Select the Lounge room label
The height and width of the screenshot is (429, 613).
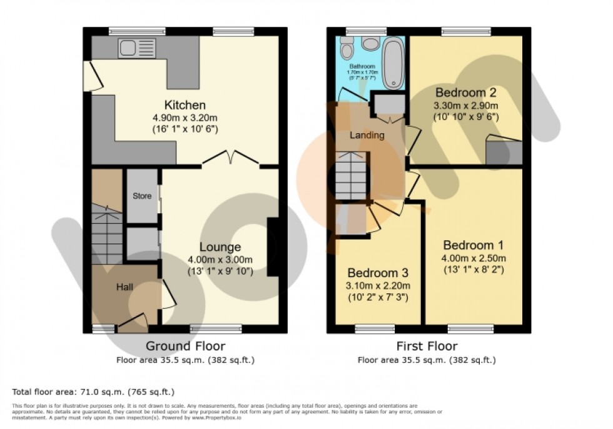[x=220, y=247]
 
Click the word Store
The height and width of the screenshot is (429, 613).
[x=142, y=196]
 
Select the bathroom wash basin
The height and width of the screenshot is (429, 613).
[x=370, y=43]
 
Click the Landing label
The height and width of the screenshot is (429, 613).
[x=367, y=135]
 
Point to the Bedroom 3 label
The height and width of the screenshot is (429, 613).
[x=378, y=273]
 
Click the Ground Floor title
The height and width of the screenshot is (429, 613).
[x=185, y=346]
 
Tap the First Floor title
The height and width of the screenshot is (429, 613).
[x=427, y=346]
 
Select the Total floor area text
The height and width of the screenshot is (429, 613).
[x=93, y=392]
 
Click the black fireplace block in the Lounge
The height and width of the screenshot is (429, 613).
[x=273, y=247]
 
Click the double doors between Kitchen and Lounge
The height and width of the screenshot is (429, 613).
[x=230, y=159]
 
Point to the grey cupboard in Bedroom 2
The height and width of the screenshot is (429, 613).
[x=505, y=153]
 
